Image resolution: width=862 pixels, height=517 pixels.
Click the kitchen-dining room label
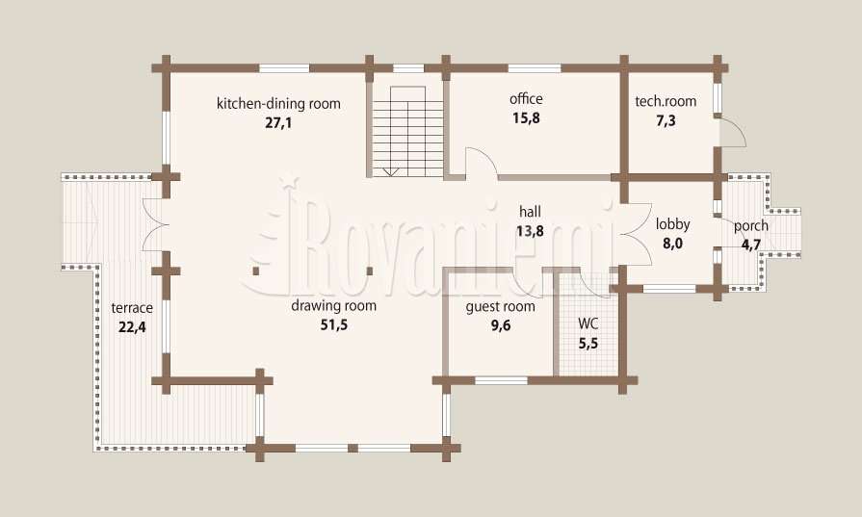pyautogui.click(x=278, y=103)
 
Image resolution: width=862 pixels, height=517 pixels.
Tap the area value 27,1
pyautogui.click(x=278, y=122)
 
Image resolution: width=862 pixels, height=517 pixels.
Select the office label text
pyautogui.click(x=526, y=99)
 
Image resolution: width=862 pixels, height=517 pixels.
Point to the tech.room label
pyautogui.click(x=666, y=101)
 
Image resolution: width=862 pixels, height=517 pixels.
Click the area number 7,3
pyautogui.click(x=666, y=120)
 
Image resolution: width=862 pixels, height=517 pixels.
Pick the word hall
pyautogui.click(x=530, y=212)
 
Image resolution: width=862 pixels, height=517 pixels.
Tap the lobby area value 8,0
pyautogui.click(x=672, y=244)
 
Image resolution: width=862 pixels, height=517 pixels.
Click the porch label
pyautogui.click(x=751, y=226)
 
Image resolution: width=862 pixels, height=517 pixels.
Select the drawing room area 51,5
pyautogui.click(x=333, y=324)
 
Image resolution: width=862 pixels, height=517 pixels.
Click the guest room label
pyautogui.click(x=500, y=306)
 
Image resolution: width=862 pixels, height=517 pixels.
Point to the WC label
pyautogui.click(x=588, y=323)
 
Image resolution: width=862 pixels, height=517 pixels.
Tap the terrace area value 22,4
pyautogui.click(x=132, y=327)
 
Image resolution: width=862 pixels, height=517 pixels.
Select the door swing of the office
pyautogui.click(x=483, y=161)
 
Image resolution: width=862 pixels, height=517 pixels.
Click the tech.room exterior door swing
pyautogui.click(x=733, y=133)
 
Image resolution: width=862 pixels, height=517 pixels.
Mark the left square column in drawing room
pyautogui.click(x=256, y=271)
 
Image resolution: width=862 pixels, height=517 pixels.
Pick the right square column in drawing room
pyautogui.click(x=370, y=271)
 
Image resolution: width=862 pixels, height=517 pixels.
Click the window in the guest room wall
pyautogui.click(x=501, y=380)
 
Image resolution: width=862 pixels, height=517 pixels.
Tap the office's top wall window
pyautogui.click(x=535, y=68)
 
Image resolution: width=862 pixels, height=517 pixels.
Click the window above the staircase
pyautogui.click(x=408, y=68)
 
